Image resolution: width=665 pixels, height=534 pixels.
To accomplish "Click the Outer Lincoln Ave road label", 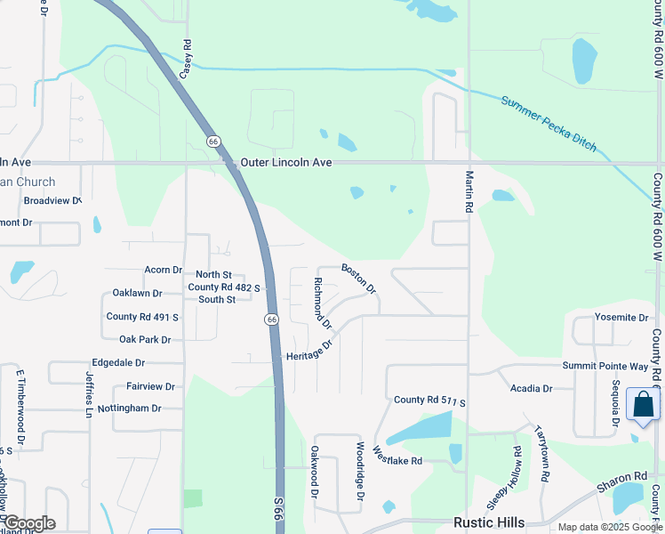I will coord(286,164).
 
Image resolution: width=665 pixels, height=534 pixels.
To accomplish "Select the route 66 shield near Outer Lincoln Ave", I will coord(213,142).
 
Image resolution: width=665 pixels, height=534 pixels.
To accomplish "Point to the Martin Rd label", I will coord(469,192).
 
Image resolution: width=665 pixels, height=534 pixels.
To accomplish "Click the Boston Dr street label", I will coord(359,279).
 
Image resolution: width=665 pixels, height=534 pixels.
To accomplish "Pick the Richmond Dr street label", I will coord(322,301).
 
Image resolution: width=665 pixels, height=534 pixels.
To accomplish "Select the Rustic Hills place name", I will coord(489,522).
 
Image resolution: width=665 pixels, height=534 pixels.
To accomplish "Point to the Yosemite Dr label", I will coord(622,318).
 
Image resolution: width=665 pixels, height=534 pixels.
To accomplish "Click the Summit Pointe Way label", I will coord(605,367).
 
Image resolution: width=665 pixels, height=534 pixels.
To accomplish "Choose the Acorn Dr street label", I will coord(163,270).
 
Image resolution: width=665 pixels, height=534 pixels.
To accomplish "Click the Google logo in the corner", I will coord(29,523).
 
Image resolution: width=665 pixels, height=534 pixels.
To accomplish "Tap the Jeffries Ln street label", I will coord(90,394).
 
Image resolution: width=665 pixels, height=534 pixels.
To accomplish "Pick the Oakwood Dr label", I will coord(314,472).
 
